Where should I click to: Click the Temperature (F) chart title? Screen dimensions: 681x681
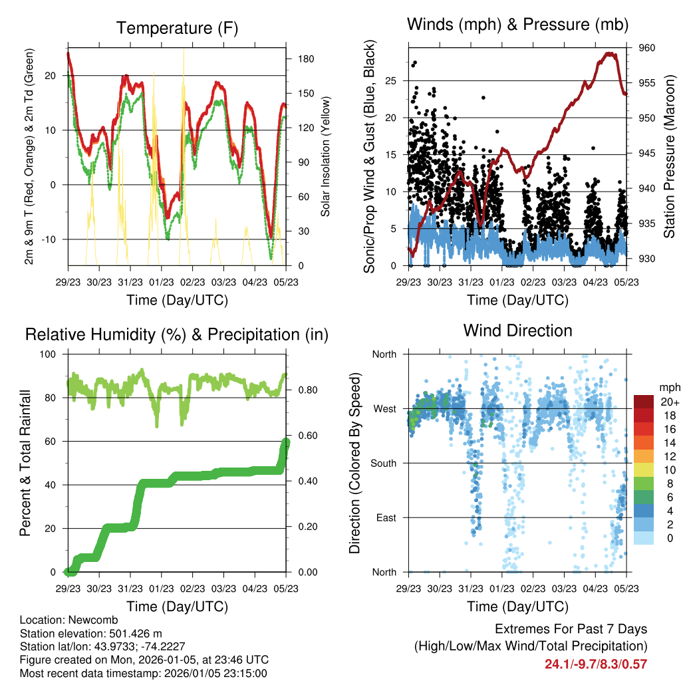[176, 28]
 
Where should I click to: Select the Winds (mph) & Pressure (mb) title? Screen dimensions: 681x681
[517, 25]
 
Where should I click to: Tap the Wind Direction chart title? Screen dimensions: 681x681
[517, 330]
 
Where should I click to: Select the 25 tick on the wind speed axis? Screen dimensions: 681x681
[391, 80]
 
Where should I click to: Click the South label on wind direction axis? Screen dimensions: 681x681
[384, 463]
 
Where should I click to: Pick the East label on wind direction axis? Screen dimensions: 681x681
[386, 517]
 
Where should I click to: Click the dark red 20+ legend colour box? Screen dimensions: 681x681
[643, 402]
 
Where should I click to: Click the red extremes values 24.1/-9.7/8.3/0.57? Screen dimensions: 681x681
[596, 664]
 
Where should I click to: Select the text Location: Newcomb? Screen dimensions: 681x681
[60, 620]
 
